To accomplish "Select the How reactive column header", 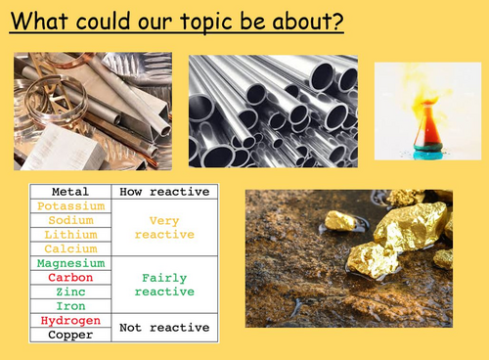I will point(164,192).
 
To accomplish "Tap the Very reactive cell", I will point(164,228).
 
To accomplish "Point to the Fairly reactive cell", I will point(164,285).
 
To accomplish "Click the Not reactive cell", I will point(164,327).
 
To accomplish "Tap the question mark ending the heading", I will point(337,21).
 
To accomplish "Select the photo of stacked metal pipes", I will point(273,111).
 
